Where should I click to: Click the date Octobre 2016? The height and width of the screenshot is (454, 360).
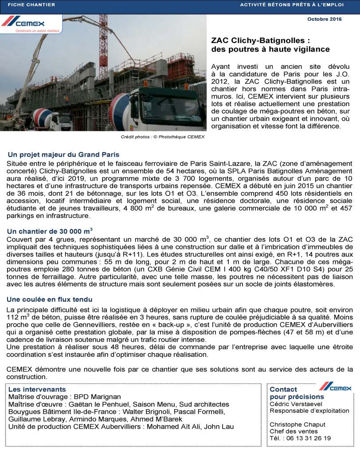pyautogui.click(x=324, y=19)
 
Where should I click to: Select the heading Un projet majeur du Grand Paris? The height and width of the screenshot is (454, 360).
pyautogui.click(x=63, y=154)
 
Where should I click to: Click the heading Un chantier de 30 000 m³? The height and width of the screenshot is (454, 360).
pyautogui.click(x=50, y=231)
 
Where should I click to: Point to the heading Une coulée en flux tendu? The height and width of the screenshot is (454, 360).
pyautogui.click(x=50, y=300)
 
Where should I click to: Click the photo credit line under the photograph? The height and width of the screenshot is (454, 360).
pyautogui.click(x=163, y=137)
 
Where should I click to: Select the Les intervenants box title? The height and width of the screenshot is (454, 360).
pyautogui.click(x=37, y=389)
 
